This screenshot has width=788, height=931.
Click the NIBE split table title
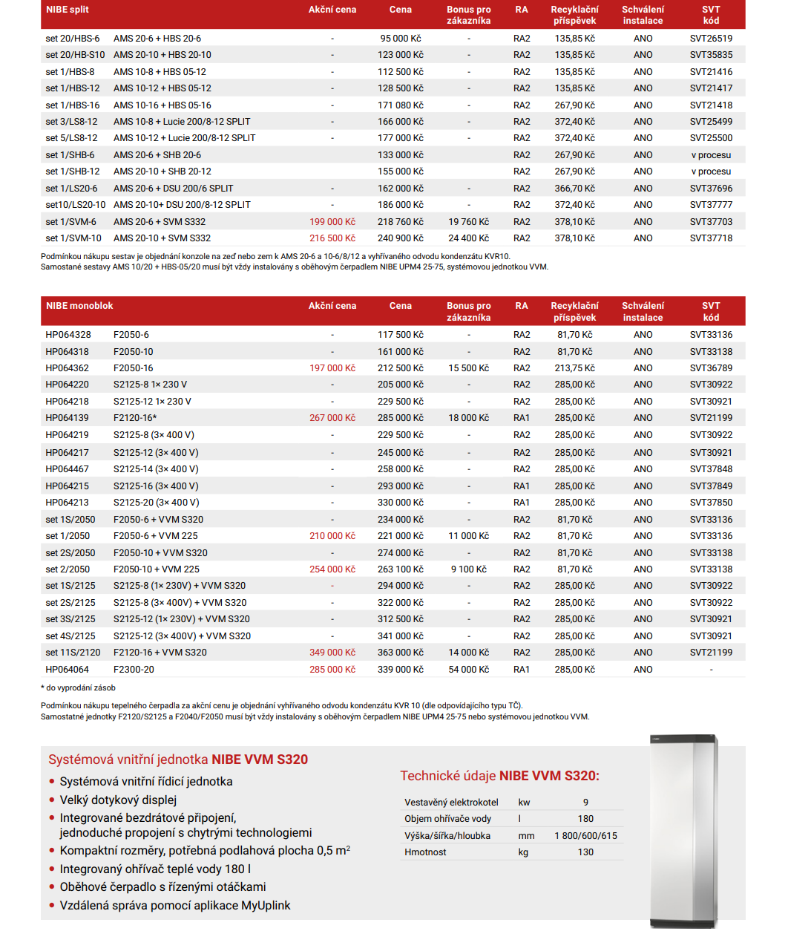[68, 10]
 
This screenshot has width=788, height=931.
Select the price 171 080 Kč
[400, 105]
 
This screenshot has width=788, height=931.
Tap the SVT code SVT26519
[711, 39]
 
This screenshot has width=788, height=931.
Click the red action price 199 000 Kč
[332, 222]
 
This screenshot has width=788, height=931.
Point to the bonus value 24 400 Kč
[468, 238]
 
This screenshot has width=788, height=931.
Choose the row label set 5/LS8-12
[71, 138]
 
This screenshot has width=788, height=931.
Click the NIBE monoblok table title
[79, 306]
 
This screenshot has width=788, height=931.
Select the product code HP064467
[67, 469]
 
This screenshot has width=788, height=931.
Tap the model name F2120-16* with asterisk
[135, 418]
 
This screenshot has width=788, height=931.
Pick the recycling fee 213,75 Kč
[574, 368]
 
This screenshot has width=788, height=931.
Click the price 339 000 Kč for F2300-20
[400, 670]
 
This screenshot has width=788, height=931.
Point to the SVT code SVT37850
[711, 503]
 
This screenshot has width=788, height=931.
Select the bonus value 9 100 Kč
[468, 569]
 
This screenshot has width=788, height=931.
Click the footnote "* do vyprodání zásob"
[78, 688]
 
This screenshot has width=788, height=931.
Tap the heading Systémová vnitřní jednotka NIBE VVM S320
[178, 759]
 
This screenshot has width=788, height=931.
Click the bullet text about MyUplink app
[175, 906]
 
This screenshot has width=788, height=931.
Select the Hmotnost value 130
[585, 852]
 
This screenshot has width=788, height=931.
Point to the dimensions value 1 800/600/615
[585, 836]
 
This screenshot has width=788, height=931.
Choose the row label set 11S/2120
[73, 653]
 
